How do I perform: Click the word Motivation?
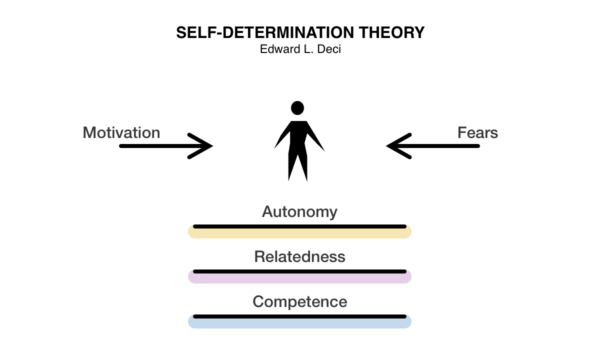tap(121, 133)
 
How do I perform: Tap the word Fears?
tap(478, 133)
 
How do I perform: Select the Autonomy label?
tap(299, 212)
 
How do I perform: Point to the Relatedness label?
tap(299, 257)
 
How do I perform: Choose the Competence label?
tap(299, 301)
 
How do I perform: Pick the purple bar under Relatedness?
tap(300, 278)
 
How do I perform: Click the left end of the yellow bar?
tap(191, 232)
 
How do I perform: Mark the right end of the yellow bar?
tap(409, 232)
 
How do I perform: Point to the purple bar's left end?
tap(191, 276)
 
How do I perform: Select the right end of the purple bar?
tap(409, 276)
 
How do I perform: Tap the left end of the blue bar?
tap(191, 321)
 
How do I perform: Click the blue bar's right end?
tap(409, 321)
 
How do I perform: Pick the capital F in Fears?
tap(461, 133)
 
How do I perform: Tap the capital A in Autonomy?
tap(266, 212)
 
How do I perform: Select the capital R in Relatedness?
tap(258, 257)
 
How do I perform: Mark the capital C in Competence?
tap(257, 301)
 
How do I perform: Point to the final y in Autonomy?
tap(333, 214)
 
